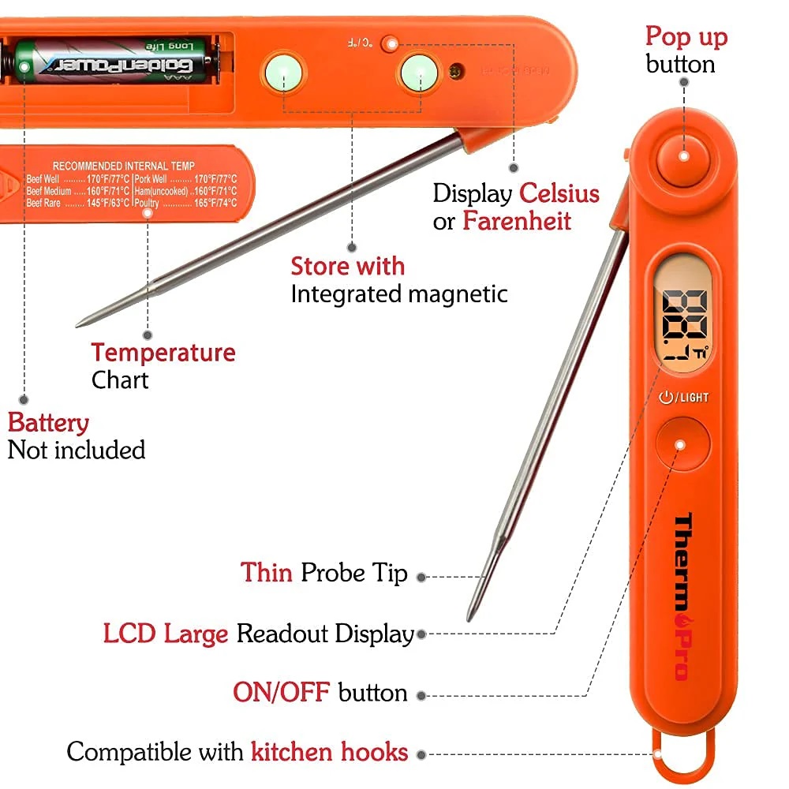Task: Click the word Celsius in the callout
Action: click(559, 193)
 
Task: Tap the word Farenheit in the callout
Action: click(516, 221)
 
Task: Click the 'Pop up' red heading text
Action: click(686, 36)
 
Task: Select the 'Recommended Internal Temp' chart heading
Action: click(122, 166)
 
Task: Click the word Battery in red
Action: click(48, 423)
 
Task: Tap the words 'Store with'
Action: click(347, 266)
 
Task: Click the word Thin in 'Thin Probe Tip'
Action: click(266, 572)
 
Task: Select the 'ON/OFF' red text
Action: click(281, 692)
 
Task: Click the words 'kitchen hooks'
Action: click(329, 751)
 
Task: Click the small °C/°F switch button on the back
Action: click(388, 44)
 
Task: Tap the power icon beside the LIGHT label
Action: click(665, 397)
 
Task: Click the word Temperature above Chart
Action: click(163, 353)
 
